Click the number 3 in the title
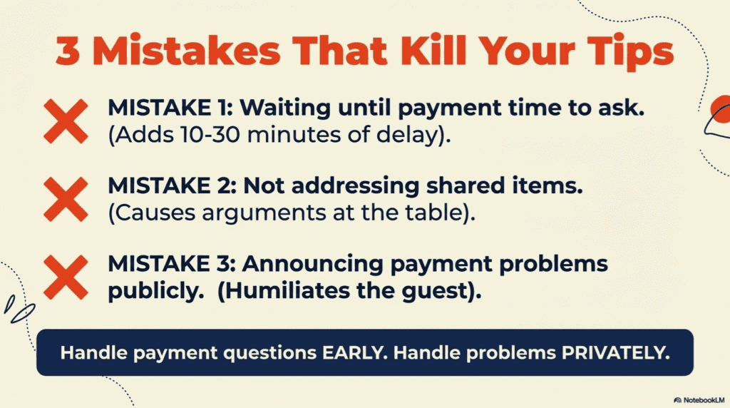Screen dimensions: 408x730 tap(68, 54)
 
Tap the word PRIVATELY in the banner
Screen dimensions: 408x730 tap(620, 352)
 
